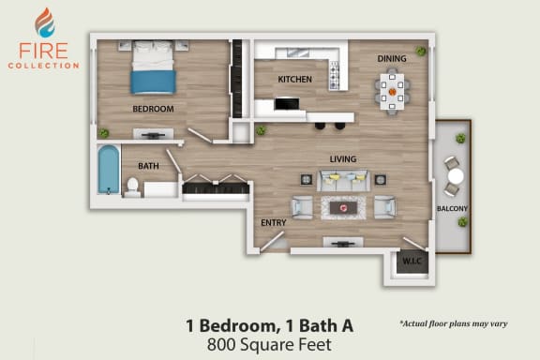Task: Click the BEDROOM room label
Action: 153,109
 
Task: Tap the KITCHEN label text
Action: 294,80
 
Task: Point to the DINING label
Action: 392,58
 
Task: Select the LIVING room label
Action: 343,159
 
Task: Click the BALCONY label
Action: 452,208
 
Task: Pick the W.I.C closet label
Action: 412,262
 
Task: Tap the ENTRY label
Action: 274,223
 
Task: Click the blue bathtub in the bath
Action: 109,170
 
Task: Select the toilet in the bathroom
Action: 132,187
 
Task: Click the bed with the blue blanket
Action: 153,67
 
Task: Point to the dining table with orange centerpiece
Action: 392,92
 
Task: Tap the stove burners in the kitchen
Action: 335,75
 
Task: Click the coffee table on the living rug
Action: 343,208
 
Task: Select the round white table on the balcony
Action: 456,176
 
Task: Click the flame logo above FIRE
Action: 45,22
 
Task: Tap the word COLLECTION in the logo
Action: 44,66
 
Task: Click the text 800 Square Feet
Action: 269,344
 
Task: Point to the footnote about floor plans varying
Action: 454,323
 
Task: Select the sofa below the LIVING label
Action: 343,180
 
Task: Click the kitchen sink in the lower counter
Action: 287,104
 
